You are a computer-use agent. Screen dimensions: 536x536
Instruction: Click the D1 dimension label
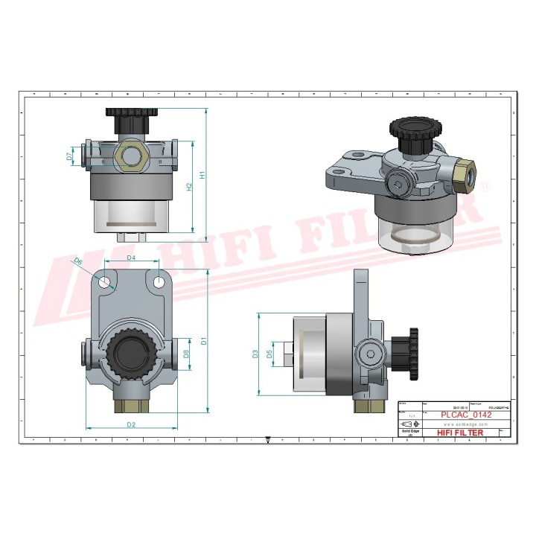click(x=202, y=341)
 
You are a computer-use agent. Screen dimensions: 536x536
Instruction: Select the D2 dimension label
click(x=131, y=424)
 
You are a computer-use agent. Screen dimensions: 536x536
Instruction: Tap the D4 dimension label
click(x=131, y=258)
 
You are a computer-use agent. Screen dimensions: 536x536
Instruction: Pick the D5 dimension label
click(x=270, y=354)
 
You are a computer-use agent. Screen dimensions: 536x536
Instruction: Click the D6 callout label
click(x=77, y=261)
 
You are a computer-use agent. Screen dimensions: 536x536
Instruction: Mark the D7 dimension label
click(x=69, y=157)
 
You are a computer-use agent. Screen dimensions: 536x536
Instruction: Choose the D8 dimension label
click(x=187, y=354)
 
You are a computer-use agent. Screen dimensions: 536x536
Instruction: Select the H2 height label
click(x=189, y=187)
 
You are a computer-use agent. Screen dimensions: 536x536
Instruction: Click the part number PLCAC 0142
click(x=466, y=415)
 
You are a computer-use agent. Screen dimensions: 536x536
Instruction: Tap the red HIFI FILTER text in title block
click(x=459, y=433)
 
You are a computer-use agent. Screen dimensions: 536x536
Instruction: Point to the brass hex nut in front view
click(x=131, y=156)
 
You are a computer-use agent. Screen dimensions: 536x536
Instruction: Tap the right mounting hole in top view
click(x=159, y=282)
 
